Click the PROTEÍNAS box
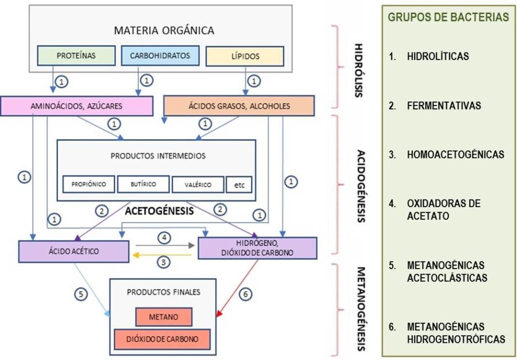pyautogui.click(x=76, y=56)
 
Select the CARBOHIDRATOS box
pyautogui.click(x=161, y=56)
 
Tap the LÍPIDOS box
pyautogui.click(x=245, y=56)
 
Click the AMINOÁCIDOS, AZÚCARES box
pyautogui.click(x=77, y=106)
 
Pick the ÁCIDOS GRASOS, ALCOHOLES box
pyautogui.click(x=239, y=106)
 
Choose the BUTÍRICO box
pyautogui.click(x=143, y=184)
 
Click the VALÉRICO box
pyautogui.click(x=198, y=185)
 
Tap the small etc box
pyautogui.click(x=239, y=185)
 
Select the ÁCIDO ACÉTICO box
pyautogui.click(x=74, y=251)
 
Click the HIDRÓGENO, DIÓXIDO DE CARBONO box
pyautogui.click(x=257, y=248)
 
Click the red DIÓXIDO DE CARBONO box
pyautogui.click(x=162, y=339)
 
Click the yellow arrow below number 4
pyautogui.click(x=162, y=255)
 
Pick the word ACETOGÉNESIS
pyautogui.click(x=159, y=212)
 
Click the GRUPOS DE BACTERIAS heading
pyautogui.click(x=448, y=17)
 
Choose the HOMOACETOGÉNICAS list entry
pyautogui.click(x=455, y=155)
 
